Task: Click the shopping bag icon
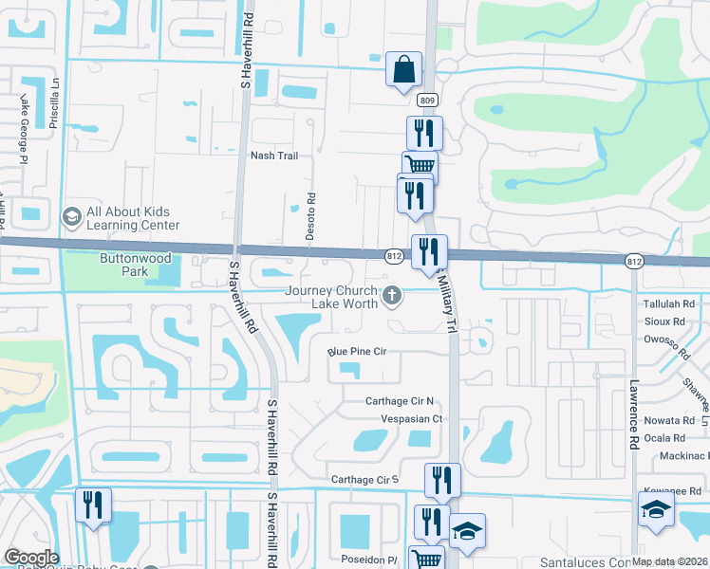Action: click(403, 69)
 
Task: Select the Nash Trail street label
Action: click(274, 156)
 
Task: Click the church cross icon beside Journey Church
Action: click(390, 298)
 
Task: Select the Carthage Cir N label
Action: click(400, 401)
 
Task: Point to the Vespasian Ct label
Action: click(412, 417)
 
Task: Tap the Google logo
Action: click(31, 557)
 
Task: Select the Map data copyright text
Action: click(670, 562)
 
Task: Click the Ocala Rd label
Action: click(665, 438)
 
